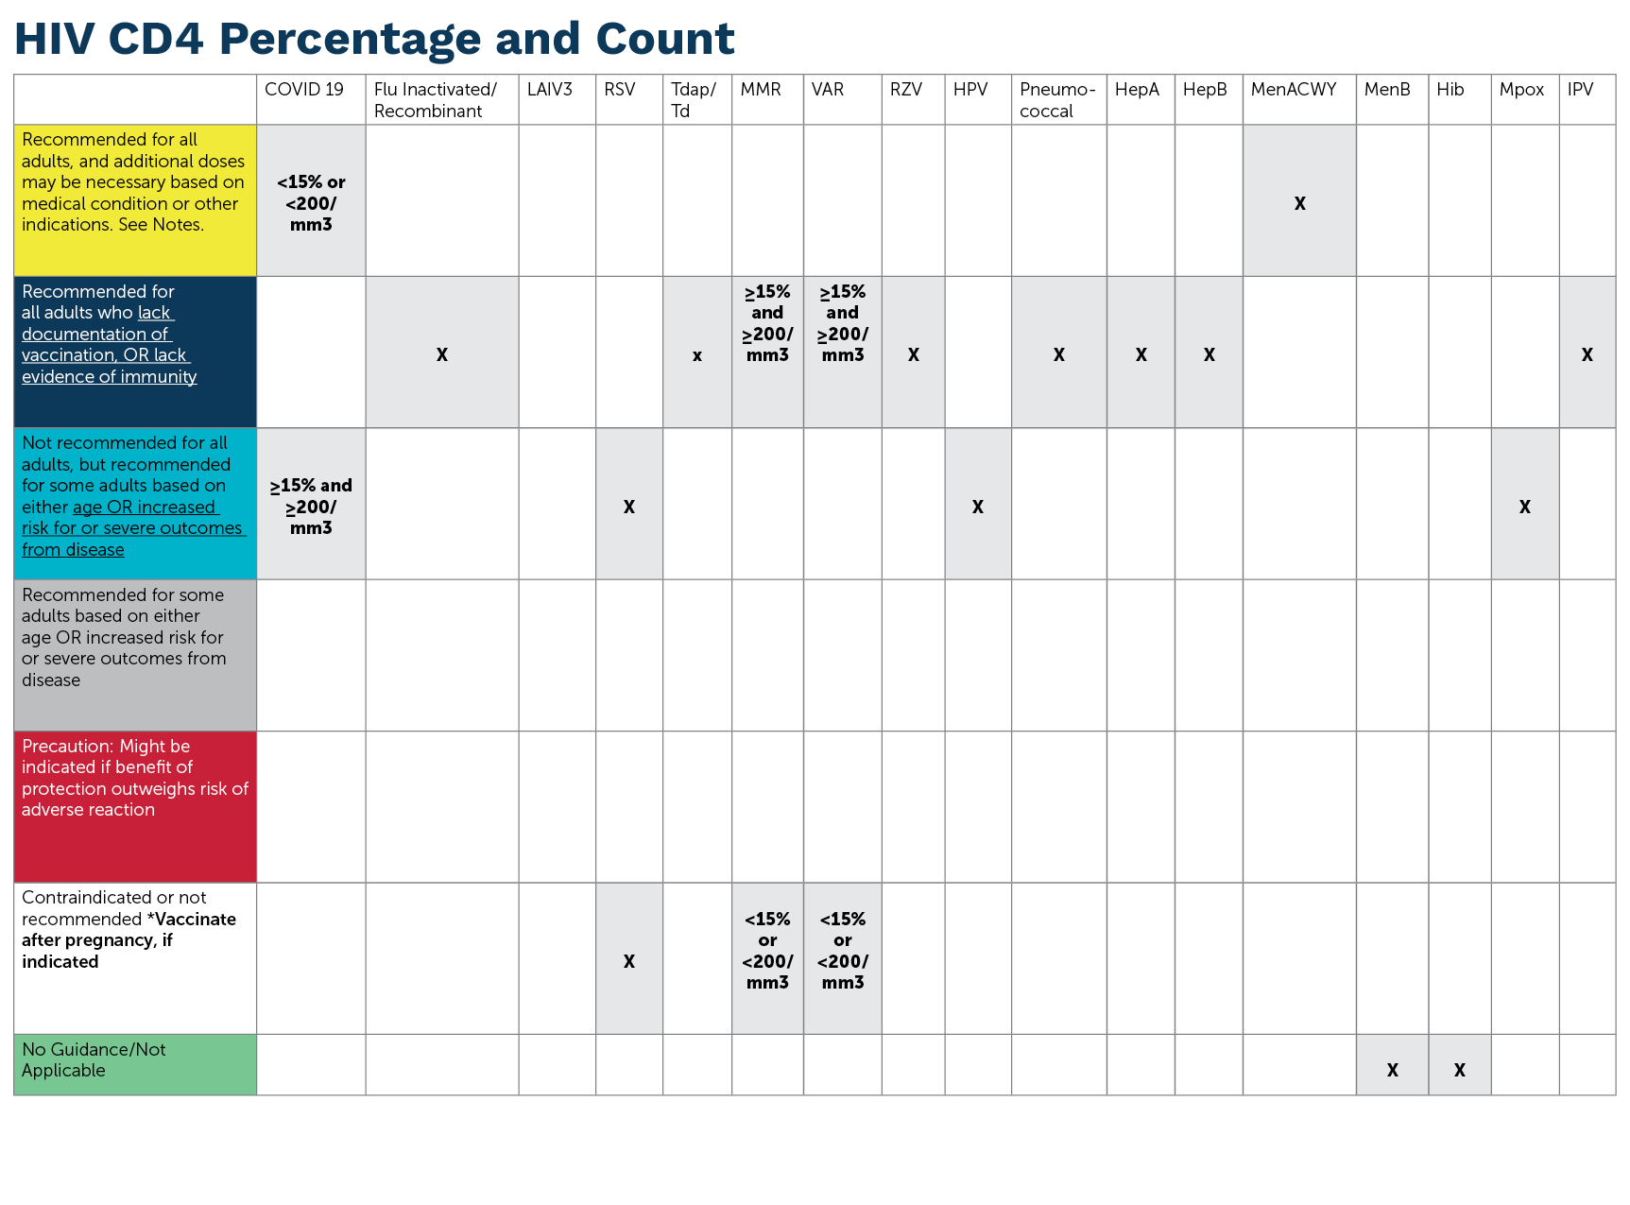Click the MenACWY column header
[1293, 90]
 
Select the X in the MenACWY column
[1299, 203]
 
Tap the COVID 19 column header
[303, 90]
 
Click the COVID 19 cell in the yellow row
[311, 202]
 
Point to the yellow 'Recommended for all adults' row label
[133, 182]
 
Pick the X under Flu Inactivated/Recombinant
[441, 354]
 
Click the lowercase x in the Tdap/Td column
[696, 355]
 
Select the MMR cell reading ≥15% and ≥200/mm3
[767, 323]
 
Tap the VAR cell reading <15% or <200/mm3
[842, 950]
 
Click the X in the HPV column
[977, 507]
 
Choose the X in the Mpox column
[1524, 507]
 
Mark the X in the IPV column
[1587, 354]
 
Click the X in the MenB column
[1392, 1070]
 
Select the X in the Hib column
[1459, 1070]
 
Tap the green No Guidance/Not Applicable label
[94, 1059]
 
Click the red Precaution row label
[133, 778]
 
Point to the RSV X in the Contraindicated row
[628, 961]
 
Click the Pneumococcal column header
[1056, 99]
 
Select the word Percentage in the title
[350, 40]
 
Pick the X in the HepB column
[1209, 354]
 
